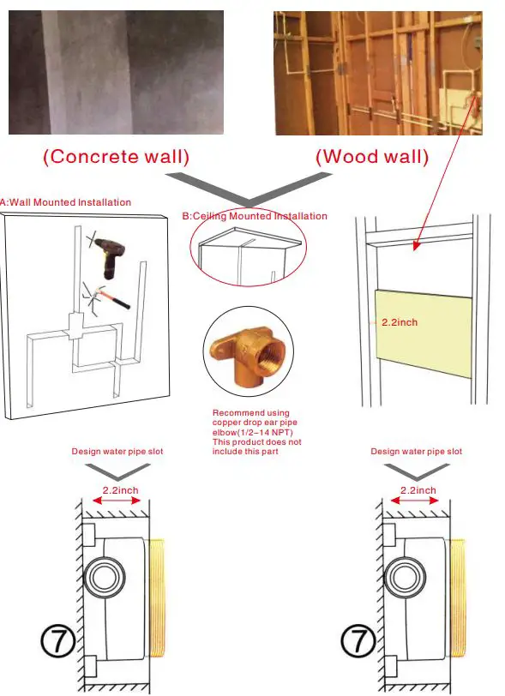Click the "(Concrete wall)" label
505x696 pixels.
[x=116, y=157]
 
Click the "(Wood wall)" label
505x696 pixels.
[x=371, y=157]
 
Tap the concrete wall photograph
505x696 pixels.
[x=116, y=73]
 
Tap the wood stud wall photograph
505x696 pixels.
[x=377, y=73]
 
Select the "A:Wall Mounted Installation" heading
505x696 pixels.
[x=67, y=202]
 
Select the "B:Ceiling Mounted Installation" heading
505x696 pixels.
[x=254, y=216]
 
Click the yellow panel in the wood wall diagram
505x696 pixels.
[x=424, y=334]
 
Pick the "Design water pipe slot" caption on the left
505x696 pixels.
[x=117, y=452]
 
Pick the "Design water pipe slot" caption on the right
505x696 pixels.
[x=416, y=452]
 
